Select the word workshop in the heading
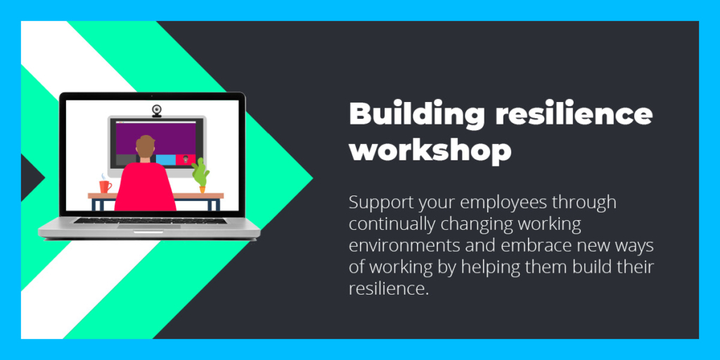[430, 150]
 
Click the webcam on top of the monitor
[157, 110]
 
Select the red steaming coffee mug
[105, 186]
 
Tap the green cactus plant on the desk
[200, 172]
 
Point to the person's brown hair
[145, 145]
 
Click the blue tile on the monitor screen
[165, 160]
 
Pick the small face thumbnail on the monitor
[186, 160]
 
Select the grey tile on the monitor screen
[126, 160]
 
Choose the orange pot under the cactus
[202, 189]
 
